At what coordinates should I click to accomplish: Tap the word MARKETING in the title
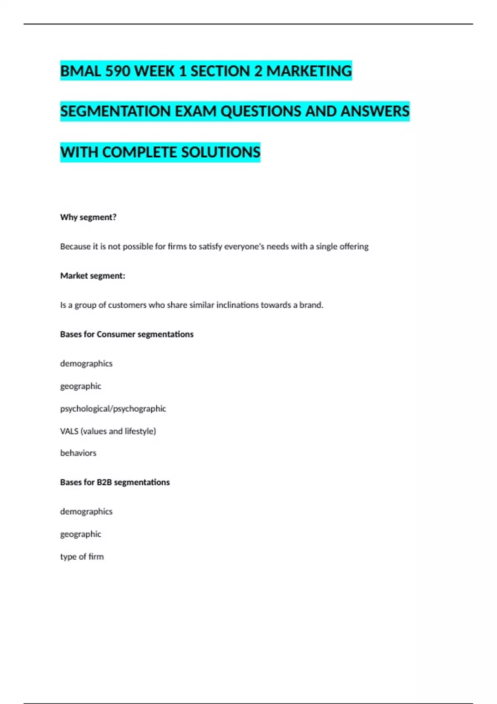[309, 71]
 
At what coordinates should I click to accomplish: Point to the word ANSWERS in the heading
[375, 111]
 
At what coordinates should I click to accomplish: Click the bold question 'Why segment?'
[88, 217]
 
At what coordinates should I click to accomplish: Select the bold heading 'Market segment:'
[93, 276]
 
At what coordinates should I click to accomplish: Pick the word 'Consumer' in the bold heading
[116, 334]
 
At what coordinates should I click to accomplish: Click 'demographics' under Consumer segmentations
[86, 364]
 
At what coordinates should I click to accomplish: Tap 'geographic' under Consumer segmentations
[80, 386]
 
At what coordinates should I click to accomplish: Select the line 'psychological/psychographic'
[113, 409]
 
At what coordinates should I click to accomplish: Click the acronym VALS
[69, 431]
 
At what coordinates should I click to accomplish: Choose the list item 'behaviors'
[78, 453]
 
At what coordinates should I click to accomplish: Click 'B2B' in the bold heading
[104, 482]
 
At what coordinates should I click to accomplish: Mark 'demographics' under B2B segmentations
[86, 511]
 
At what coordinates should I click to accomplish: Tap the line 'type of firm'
[82, 557]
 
